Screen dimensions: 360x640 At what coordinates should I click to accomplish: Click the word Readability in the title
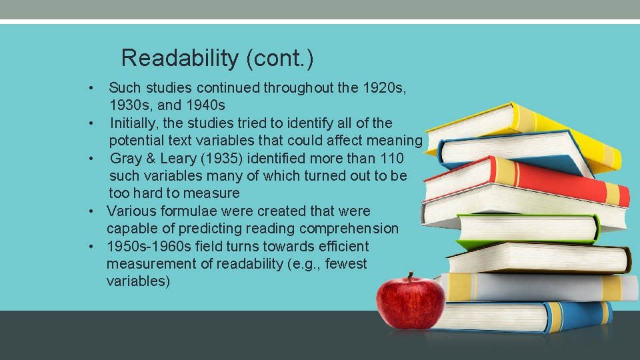coord(179,59)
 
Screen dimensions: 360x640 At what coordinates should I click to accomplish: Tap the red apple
coord(410,303)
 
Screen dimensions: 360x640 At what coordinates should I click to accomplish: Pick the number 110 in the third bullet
coord(390,159)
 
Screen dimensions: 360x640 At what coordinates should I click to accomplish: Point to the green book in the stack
coord(533,230)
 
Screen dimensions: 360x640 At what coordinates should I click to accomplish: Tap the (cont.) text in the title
coord(279,59)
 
